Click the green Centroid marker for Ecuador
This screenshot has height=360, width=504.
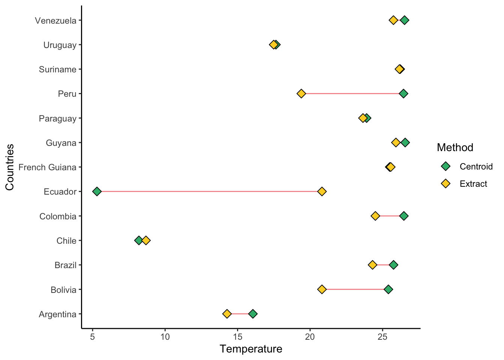[x=97, y=192]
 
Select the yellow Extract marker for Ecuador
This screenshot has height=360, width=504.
[x=322, y=192]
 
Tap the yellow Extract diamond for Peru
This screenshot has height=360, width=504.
[x=301, y=93]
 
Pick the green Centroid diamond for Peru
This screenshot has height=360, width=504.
[x=403, y=93]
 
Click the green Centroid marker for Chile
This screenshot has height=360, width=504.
[x=138, y=240]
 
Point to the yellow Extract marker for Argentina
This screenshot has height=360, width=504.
[x=227, y=314]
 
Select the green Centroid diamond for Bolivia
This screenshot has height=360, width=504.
[x=388, y=289]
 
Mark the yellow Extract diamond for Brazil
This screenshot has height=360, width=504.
[x=372, y=265]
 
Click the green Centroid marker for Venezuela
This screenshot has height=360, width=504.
[x=405, y=20]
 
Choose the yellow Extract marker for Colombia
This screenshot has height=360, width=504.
[x=375, y=216]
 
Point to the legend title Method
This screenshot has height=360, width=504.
[x=455, y=147]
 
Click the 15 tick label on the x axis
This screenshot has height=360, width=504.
[x=237, y=336]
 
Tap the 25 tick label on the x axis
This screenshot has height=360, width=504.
[x=382, y=336]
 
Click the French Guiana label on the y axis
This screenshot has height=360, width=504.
[x=47, y=167]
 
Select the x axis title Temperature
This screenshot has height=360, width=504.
[x=251, y=349]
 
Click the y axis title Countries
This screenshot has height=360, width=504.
[x=10, y=167]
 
